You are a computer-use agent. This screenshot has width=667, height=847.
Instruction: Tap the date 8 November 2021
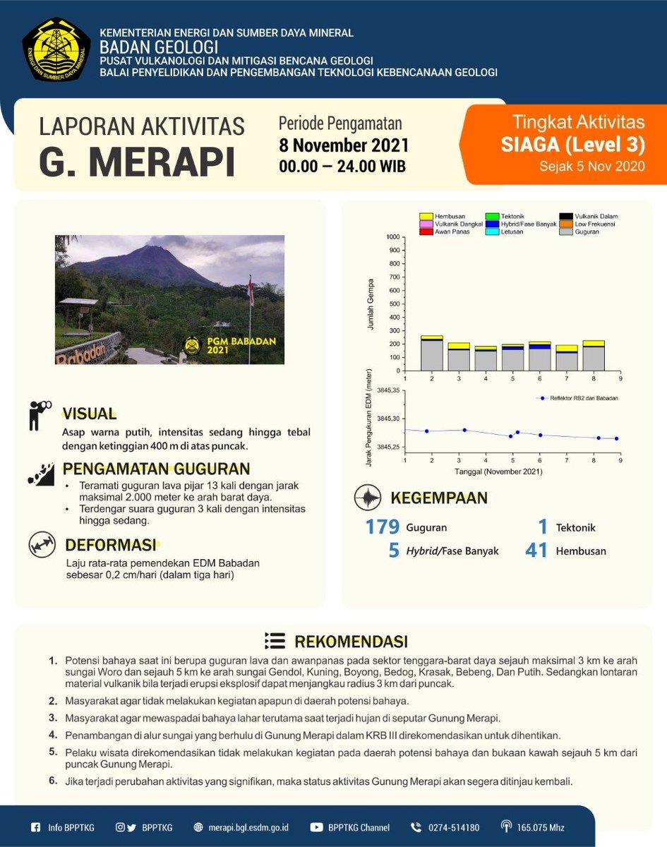click(343, 147)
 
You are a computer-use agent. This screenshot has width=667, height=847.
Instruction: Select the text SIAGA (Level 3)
click(573, 145)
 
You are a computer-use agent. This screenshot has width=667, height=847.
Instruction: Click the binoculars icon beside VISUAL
click(38, 415)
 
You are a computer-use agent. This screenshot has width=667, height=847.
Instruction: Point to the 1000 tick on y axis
click(392, 237)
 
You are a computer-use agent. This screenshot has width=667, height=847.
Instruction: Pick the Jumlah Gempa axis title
click(371, 304)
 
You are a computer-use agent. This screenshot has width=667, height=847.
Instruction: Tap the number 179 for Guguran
click(382, 527)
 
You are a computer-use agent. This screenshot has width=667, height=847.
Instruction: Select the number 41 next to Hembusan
click(536, 551)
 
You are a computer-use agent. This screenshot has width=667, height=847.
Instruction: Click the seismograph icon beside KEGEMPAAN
click(366, 498)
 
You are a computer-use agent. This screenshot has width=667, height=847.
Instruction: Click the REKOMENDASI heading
click(350, 642)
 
